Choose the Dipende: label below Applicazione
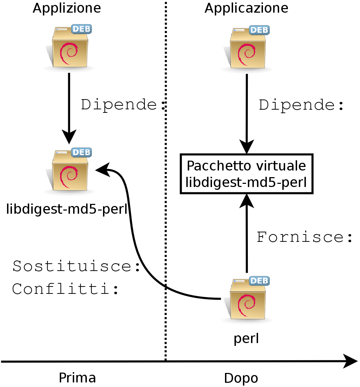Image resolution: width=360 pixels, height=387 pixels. (x=301, y=105)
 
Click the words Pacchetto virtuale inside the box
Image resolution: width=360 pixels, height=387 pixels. (x=246, y=166)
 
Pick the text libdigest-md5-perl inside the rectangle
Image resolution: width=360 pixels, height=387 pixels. (x=246, y=182)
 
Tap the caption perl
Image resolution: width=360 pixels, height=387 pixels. (x=246, y=338)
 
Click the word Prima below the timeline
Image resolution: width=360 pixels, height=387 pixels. (x=77, y=378)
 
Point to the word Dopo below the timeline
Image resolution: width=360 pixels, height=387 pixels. (x=241, y=378)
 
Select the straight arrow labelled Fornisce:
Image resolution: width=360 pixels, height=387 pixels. (x=246, y=236)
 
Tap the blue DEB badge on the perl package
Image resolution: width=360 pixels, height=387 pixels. (x=259, y=280)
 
